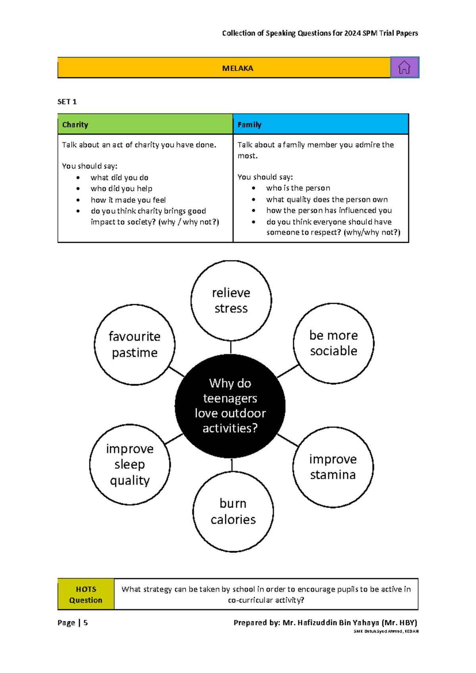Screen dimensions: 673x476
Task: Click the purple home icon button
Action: (404, 67)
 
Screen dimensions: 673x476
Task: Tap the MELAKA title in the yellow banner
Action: (238, 68)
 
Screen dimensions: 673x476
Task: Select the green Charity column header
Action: (145, 125)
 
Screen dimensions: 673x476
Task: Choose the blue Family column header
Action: (321, 125)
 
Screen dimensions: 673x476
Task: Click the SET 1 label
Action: (67, 102)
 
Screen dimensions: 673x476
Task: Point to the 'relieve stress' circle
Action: (231, 300)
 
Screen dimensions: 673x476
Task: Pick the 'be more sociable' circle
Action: (333, 343)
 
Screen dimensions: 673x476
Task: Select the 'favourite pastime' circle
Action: (134, 344)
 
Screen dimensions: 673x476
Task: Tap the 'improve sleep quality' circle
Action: (130, 464)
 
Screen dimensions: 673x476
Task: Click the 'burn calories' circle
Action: (233, 511)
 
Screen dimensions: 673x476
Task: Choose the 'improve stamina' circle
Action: (333, 467)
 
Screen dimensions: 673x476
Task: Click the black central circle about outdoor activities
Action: (230, 406)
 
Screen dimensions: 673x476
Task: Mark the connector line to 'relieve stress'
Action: (231, 347)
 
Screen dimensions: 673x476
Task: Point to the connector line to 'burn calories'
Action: (232, 465)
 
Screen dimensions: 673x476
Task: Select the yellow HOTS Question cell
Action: (86, 594)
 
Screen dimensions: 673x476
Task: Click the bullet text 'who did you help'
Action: (121, 188)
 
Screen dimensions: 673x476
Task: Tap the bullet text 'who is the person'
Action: (298, 188)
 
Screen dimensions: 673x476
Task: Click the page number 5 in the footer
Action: (86, 623)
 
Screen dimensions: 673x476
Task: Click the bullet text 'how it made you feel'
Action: (128, 200)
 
